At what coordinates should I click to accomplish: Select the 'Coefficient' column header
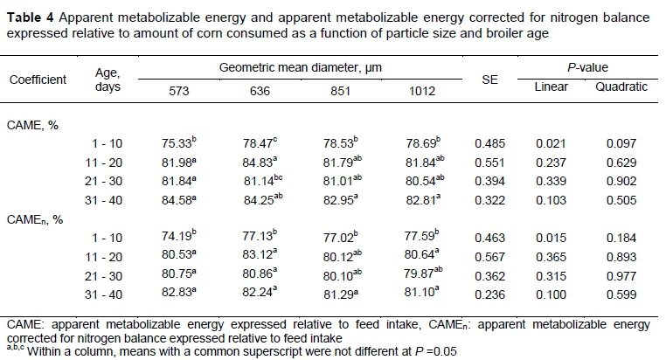[38, 80]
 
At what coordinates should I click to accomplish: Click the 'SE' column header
[489, 79]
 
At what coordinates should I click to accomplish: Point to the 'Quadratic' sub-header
[615, 87]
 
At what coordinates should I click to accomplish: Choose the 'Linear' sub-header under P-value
[552, 87]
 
